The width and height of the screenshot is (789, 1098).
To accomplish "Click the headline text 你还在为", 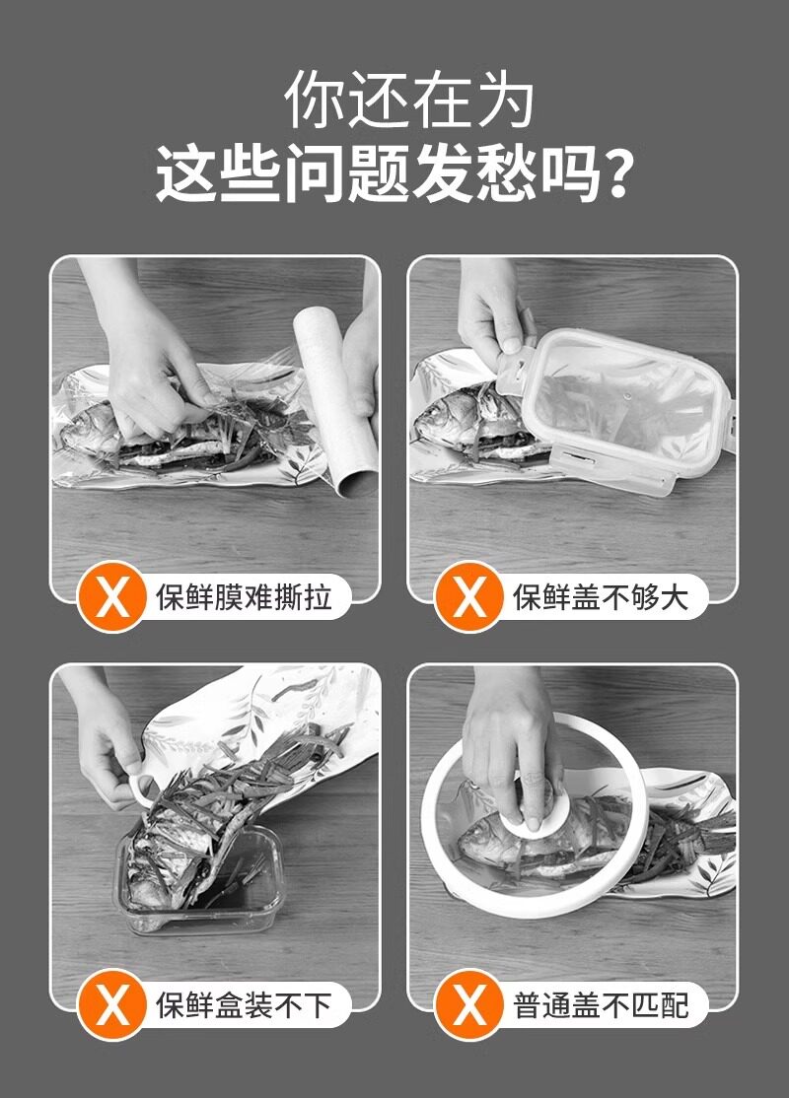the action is tap(409, 100).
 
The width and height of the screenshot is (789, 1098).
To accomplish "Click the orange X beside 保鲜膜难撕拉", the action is tap(112, 596).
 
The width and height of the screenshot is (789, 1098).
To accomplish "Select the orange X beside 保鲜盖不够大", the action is tap(469, 596).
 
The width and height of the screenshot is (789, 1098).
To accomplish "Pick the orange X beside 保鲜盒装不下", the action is tap(112, 1005).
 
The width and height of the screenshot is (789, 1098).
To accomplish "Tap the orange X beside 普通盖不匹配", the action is tap(469, 1005).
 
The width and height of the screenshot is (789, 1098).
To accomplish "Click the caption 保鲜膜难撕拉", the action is tap(244, 597).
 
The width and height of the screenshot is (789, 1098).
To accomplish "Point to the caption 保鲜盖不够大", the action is tap(601, 597).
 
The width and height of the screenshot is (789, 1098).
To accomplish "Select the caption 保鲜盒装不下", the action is tap(244, 1005).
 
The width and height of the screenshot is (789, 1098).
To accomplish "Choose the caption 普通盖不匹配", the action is tap(601, 1005).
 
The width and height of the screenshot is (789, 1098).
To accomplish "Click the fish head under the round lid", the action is tap(483, 837).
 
